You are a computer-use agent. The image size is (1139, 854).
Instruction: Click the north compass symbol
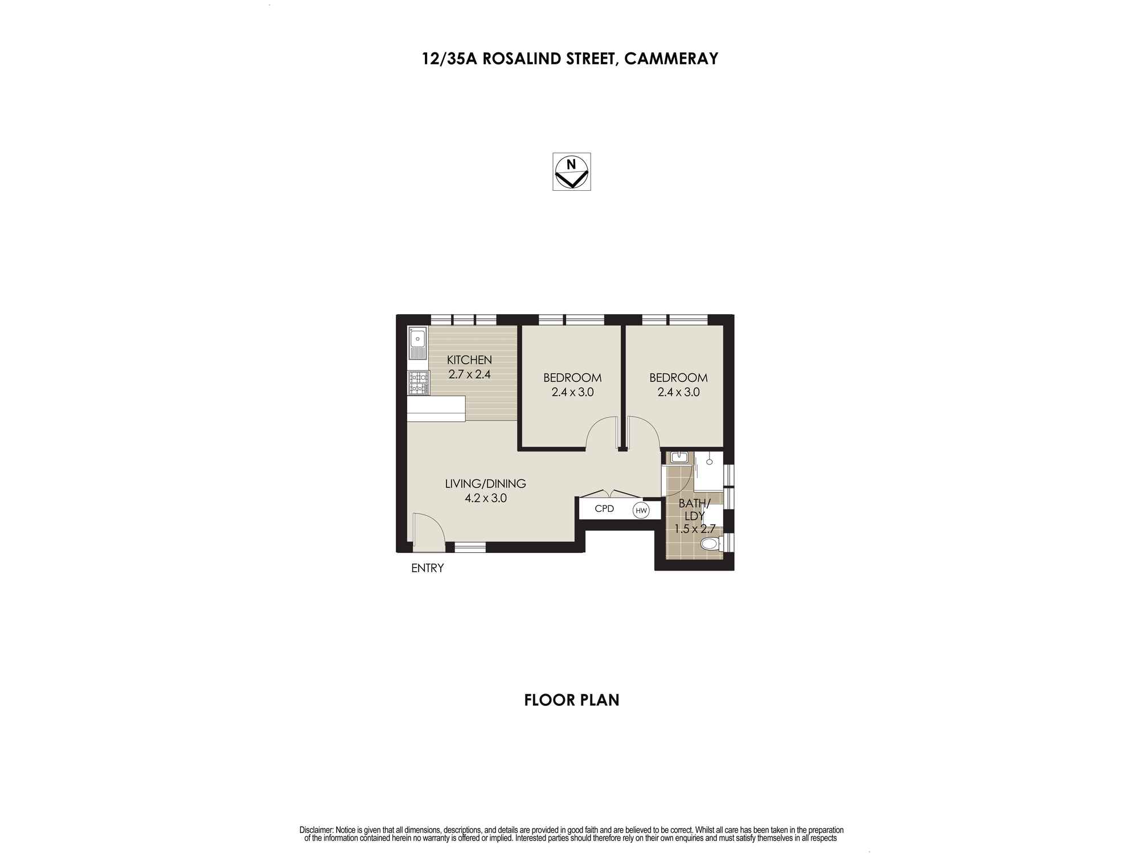(571, 171)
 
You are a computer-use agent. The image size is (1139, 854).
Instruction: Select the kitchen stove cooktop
(418, 383)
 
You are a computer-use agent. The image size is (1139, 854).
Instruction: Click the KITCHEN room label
(469, 360)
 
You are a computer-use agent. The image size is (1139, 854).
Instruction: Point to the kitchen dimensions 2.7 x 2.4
(469, 375)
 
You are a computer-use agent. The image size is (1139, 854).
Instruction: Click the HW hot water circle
(641, 510)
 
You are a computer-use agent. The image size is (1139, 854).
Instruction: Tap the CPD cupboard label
(604, 508)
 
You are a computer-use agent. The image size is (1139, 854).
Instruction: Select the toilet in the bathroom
(710, 544)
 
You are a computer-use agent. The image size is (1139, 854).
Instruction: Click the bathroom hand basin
(678, 457)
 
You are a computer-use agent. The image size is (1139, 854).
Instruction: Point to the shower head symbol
(709, 462)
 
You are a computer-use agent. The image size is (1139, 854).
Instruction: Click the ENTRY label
(427, 568)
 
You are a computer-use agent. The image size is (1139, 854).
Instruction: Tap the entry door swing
(428, 532)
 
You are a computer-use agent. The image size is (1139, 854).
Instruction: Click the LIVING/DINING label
(485, 484)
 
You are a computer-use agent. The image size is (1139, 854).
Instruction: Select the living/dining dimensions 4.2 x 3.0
(485, 498)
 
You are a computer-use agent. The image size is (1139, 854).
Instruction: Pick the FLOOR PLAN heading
(571, 700)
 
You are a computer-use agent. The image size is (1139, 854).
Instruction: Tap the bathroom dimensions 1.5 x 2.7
(695, 529)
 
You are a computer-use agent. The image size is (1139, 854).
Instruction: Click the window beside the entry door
(470, 547)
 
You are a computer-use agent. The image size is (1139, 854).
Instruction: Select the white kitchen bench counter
(436, 408)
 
